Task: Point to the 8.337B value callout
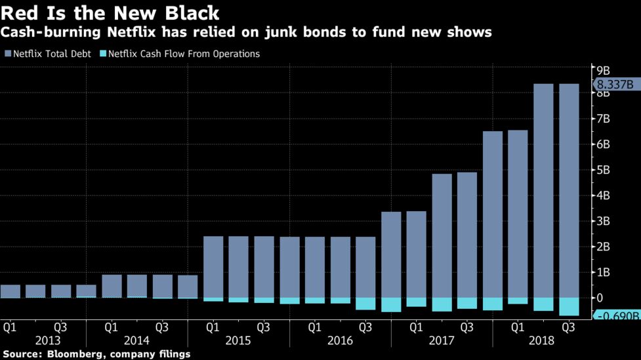point(615,84)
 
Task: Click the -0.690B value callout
point(617,316)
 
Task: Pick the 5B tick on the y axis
point(602,170)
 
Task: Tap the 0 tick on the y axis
point(598,298)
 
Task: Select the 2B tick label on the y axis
point(602,247)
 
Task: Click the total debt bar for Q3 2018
point(568,190)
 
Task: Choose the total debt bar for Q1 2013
point(10,291)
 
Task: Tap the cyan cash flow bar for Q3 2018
point(568,307)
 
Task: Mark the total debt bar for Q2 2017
point(442,236)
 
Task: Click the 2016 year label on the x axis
point(340,340)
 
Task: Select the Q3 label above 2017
point(466,326)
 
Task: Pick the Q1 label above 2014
point(111,326)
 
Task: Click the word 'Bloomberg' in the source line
point(72,354)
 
